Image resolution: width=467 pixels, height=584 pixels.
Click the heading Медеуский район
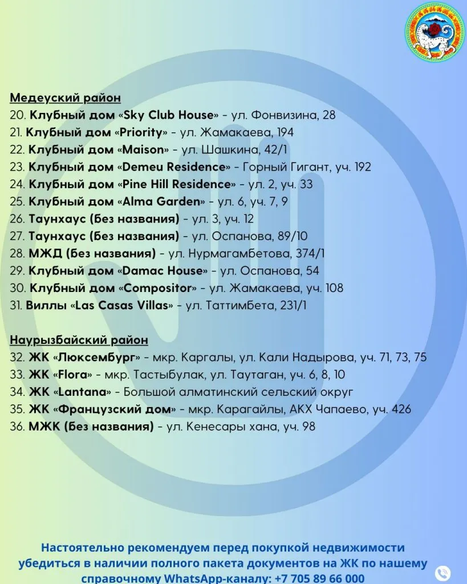pyautogui.click(x=65, y=98)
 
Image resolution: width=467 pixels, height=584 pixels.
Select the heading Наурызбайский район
pyautogui.click(x=79, y=340)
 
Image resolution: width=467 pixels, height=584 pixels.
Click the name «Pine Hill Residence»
pyautogui.click(x=179, y=184)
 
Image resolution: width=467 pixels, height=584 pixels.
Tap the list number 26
pyautogui.click(x=17, y=219)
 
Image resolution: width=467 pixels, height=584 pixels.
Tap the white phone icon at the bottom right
pyautogui.click(x=442, y=573)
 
